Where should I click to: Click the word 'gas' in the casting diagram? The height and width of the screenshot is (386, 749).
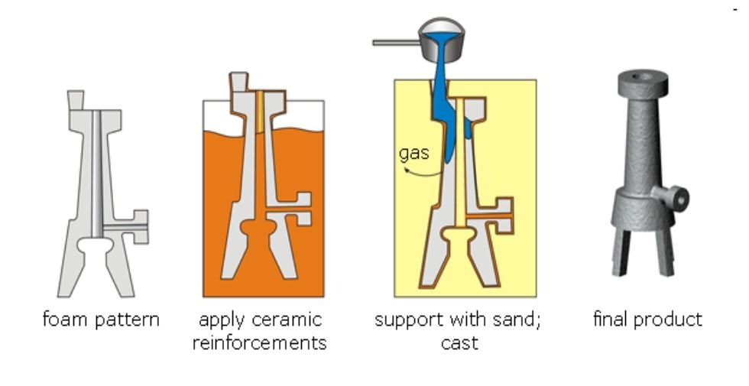(x=413, y=152)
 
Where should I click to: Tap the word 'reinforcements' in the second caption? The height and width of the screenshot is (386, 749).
(x=259, y=342)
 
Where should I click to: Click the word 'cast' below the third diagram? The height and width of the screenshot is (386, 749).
(x=459, y=342)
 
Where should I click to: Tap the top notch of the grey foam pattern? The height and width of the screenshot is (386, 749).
(x=76, y=100)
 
